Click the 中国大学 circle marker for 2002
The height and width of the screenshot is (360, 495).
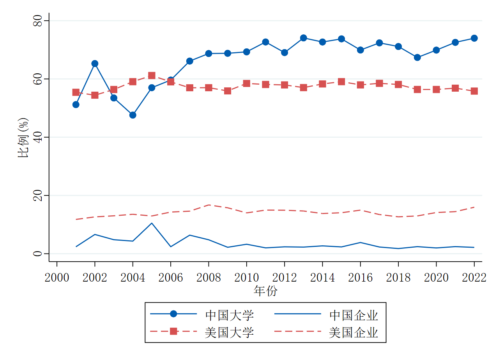95,64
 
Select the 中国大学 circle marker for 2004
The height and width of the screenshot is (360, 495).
133,115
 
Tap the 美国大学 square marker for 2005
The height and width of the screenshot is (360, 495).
152,75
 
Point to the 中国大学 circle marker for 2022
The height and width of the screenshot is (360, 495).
474,38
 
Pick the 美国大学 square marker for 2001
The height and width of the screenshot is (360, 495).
76,92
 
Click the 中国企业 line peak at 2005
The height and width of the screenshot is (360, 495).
152,223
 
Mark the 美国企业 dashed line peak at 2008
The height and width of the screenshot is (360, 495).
209,205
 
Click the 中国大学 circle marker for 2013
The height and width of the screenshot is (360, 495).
303,38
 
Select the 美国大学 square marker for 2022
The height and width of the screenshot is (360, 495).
474,91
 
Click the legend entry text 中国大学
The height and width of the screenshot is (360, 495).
229,315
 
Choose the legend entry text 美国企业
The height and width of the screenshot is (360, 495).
353,333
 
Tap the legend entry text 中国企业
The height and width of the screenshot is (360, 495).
353,315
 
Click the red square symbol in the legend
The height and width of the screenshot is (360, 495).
173,332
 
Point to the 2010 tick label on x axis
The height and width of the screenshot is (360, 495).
246,278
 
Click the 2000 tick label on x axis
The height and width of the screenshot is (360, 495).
57,278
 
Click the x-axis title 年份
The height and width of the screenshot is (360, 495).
265,291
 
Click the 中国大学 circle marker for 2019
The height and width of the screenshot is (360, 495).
417,57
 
